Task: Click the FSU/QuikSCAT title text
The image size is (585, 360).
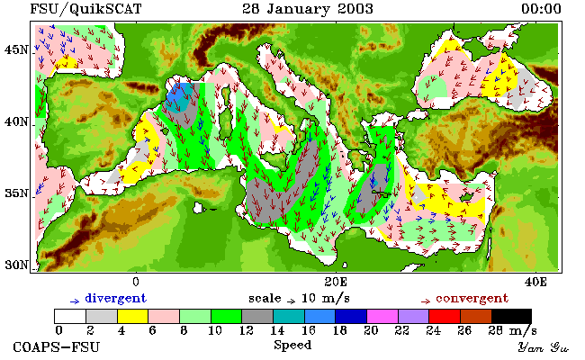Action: (85, 9)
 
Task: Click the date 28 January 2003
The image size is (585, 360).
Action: (308, 9)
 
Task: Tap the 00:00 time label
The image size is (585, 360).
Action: (541, 9)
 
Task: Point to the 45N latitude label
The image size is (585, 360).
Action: (16, 49)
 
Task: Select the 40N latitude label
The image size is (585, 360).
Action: (16, 121)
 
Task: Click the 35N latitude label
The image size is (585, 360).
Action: (16, 193)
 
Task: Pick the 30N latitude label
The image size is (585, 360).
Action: (16, 265)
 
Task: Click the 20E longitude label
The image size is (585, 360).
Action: (336, 282)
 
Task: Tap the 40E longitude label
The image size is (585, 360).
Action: (535, 282)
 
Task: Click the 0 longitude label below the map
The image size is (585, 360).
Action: (136, 282)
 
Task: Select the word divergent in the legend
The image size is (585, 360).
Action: (116, 299)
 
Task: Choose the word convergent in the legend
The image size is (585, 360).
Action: (472, 299)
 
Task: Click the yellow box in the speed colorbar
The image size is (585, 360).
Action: (133, 317)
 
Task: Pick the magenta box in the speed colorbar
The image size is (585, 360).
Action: (382, 317)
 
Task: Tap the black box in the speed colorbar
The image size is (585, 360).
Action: (511, 317)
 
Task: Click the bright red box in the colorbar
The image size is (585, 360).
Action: (445, 317)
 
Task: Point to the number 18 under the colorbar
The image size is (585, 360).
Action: (339, 330)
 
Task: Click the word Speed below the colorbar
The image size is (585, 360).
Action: (292, 346)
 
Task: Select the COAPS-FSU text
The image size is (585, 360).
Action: (57, 347)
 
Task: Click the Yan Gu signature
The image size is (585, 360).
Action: (543, 347)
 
